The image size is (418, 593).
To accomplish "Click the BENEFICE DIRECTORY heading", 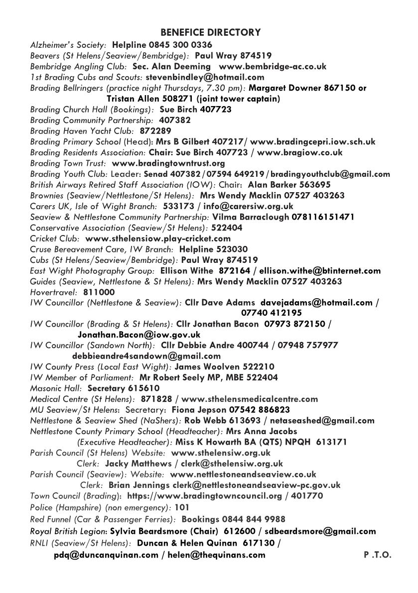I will click(x=211, y=33).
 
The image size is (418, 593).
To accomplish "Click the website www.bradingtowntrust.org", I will click(x=168, y=163).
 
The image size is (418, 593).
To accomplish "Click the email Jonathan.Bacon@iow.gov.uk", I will click(x=139, y=335).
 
